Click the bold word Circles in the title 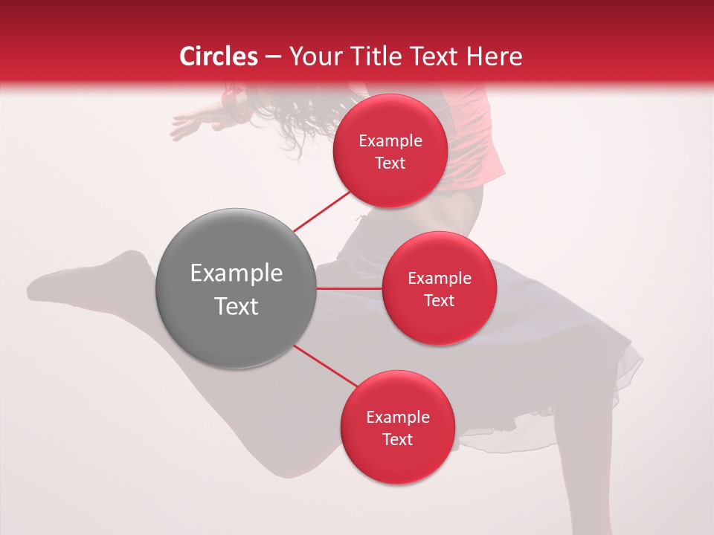point(218,56)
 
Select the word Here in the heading point(495,56)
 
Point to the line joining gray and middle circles point(349,288)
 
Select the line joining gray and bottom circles point(324,366)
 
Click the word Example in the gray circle point(237,273)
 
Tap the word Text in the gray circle point(237,306)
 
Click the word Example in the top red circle point(390,141)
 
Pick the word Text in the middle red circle point(439,300)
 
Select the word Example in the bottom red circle point(398,418)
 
